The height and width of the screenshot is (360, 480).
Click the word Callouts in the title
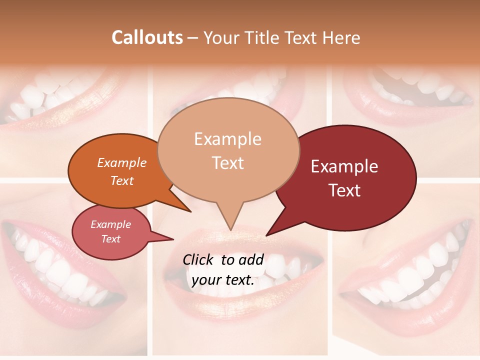[147, 37]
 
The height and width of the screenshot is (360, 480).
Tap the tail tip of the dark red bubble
[266, 235]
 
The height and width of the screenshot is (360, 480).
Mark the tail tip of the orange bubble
[191, 211]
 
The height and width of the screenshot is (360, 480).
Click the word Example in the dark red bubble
[344, 166]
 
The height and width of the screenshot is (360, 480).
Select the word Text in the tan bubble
[228, 163]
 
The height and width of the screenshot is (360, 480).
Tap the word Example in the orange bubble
[122, 162]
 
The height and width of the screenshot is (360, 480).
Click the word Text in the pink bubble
[111, 239]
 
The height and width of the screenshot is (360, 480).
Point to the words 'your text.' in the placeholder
[223, 280]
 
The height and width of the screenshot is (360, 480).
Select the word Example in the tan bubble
[228, 139]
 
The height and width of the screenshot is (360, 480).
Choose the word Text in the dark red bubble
[345, 190]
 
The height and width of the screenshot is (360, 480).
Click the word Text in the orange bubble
[122, 180]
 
